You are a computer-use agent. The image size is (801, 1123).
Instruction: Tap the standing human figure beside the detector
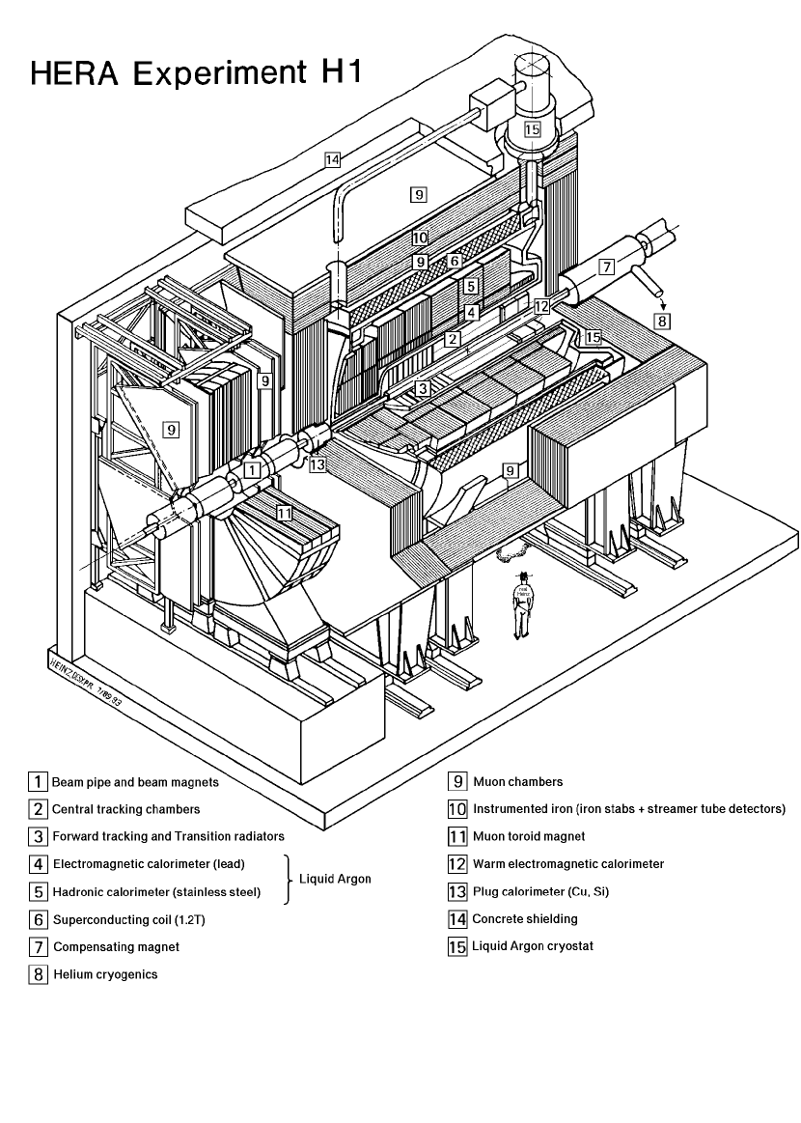(x=522, y=604)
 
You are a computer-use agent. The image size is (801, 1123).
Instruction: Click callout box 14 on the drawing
(x=332, y=161)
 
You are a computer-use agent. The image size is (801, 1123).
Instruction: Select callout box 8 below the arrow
(x=661, y=321)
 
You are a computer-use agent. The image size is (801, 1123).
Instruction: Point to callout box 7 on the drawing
(x=605, y=267)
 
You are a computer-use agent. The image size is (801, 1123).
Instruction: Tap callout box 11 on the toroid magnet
(x=284, y=514)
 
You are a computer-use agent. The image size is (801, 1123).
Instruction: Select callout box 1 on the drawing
(x=252, y=470)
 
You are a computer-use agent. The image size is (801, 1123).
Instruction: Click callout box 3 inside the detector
(x=422, y=388)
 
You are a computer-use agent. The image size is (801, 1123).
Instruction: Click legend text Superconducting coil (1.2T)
(x=129, y=920)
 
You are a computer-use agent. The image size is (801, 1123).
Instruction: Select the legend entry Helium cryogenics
(x=105, y=974)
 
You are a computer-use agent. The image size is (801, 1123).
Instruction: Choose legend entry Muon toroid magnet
(x=529, y=836)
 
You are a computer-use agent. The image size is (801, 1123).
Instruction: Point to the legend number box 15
(x=457, y=946)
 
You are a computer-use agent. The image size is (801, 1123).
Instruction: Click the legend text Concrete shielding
(x=525, y=918)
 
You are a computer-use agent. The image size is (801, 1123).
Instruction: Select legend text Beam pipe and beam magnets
(x=135, y=781)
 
